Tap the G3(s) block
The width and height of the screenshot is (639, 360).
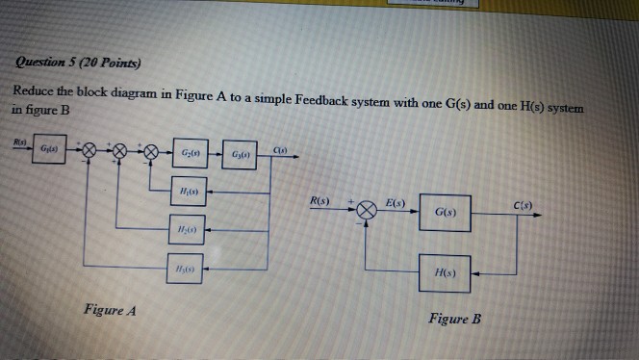coord(239,155)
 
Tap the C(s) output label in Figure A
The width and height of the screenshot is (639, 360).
coord(277,146)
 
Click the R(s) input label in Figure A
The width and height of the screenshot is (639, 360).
coord(19,141)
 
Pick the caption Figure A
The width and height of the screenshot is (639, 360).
coord(112,311)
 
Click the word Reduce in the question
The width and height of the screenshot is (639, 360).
coord(36,90)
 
